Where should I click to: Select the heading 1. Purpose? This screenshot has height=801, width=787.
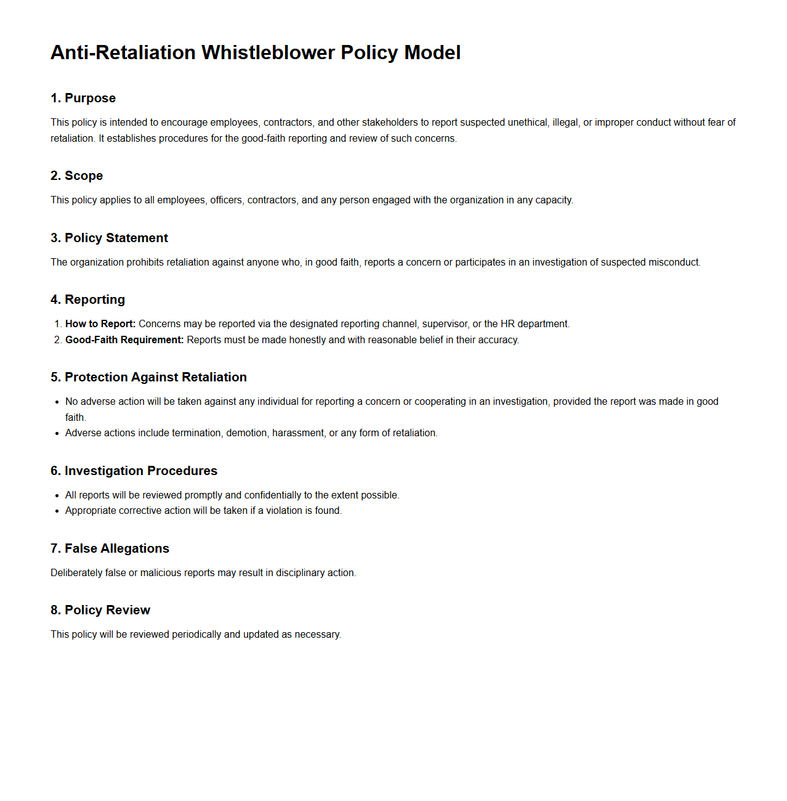tap(83, 98)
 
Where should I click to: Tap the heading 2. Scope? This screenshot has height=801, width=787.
tap(76, 176)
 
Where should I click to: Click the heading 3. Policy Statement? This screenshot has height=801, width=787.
tap(109, 238)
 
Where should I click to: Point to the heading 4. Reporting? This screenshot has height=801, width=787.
tap(87, 299)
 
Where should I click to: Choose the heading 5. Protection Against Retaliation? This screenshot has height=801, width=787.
tap(148, 377)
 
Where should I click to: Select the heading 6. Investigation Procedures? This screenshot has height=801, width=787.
tap(134, 471)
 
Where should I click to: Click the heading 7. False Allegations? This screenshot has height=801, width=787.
tap(110, 548)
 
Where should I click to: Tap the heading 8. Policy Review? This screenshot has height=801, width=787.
tap(100, 610)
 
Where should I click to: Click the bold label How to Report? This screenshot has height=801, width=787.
tap(100, 324)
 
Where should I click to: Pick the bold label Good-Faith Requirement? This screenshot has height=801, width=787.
tap(124, 340)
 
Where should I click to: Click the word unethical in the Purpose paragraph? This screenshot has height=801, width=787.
tap(528, 123)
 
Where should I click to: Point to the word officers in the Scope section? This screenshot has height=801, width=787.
tap(226, 200)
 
